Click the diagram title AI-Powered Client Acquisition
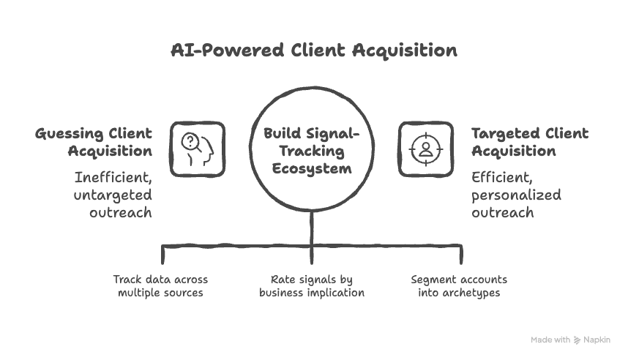point(313,50)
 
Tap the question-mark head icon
point(198,149)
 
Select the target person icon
point(425,149)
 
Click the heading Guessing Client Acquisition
point(94,142)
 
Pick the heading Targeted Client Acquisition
point(529,142)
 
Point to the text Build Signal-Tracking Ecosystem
point(312,150)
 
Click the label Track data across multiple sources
point(160,286)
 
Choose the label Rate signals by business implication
point(312,286)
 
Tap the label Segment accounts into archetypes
point(459,286)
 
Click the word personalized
point(516,195)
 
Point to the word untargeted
point(113,195)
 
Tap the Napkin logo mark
point(577,340)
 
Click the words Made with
point(550,340)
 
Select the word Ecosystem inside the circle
point(312,168)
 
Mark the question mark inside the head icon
point(190,141)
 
